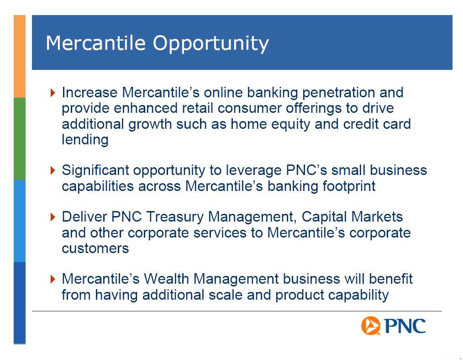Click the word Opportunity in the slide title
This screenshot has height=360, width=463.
coord(210,43)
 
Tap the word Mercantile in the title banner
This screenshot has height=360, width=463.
coord(96,42)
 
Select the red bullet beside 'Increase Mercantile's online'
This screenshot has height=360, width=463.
coord(53,93)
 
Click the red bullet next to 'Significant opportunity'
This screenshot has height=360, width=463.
coord(53,170)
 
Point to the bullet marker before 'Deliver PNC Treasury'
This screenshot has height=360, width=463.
coord(53,217)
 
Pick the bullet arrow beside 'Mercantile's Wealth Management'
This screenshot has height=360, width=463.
coord(53,279)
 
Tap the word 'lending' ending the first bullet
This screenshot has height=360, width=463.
coord(85,140)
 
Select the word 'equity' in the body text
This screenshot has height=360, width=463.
coord(290,124)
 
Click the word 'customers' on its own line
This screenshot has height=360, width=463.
coord(95,249)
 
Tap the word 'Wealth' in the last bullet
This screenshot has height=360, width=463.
coord(166,279)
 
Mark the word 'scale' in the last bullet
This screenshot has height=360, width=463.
coord(226,295)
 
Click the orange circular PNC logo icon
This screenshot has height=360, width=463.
coord(371,326)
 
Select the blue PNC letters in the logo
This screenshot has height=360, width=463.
coord(405,326)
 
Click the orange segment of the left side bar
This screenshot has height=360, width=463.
coord(20,56)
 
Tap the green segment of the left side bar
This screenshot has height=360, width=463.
coord(20,138)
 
